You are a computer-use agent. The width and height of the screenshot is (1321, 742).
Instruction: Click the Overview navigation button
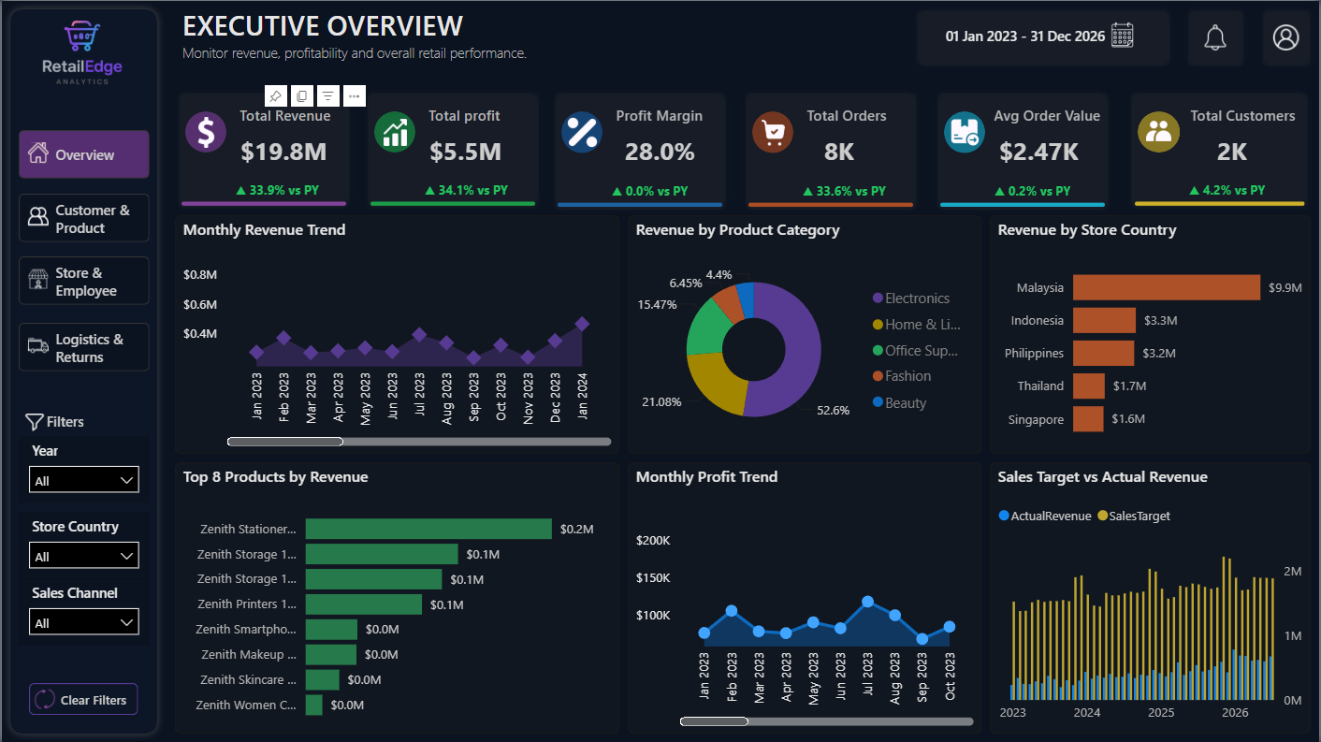[x=84, y=154]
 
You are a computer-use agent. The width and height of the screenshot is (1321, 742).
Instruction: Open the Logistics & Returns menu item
[x=84, y=347]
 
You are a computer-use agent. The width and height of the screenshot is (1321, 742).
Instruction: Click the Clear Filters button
[x=83, y=700]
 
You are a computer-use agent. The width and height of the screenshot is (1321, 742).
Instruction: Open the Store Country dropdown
[x=84, y=556]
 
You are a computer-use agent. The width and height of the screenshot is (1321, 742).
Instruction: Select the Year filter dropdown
[x=84, y=479]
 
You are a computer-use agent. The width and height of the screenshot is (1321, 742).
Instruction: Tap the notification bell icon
[x=1215, y=38]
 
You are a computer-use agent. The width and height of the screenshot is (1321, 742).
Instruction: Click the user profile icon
[x=1285, y=37]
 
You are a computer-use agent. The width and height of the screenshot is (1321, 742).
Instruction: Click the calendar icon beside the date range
[x=1123, y=36]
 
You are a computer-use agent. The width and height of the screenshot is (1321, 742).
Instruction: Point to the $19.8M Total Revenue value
[x=283, y=153]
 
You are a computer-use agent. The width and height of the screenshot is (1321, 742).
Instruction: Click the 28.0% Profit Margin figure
[x=660, y=153]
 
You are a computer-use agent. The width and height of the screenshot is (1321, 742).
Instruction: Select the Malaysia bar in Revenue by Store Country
[x=1167, y=287]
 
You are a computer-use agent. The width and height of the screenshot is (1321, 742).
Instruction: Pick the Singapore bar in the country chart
[x=1088, y=419]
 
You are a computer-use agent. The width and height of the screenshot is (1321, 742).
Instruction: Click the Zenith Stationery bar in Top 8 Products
[x=428, y=529]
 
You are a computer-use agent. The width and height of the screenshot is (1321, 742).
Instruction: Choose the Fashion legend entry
[x=902, y=376]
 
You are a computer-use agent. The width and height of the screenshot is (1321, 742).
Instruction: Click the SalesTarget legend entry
[x=1134, y=516]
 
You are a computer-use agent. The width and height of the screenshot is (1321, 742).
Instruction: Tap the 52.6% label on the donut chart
[x=833, y=411]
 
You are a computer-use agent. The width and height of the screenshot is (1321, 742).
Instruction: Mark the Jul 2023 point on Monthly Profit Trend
[x=867, y=603]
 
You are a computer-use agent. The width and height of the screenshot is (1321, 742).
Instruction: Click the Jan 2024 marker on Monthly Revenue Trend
[x=582, y=324]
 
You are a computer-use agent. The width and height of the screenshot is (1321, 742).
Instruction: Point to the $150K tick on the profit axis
[x=653, y=578]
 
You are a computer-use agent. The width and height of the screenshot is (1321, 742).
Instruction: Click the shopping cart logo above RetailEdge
[x=82, y=36]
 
